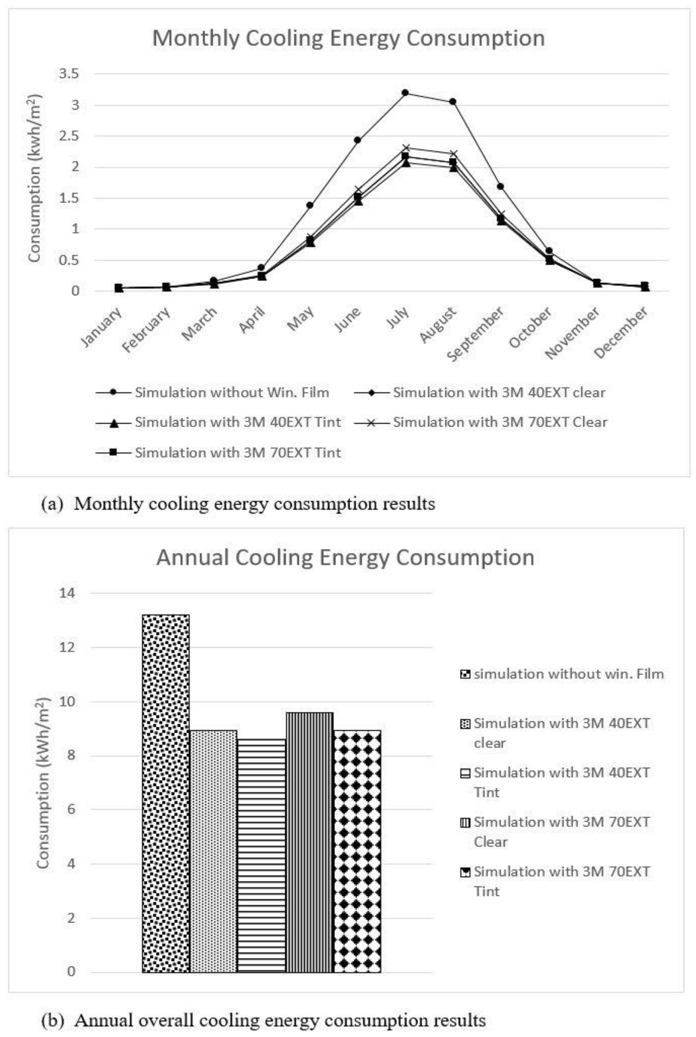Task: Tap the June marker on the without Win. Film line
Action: coord(357,140)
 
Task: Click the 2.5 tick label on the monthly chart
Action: coord(69,136)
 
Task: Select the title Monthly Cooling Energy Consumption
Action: coord(349,38)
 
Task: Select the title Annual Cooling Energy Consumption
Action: coord(345,557)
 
